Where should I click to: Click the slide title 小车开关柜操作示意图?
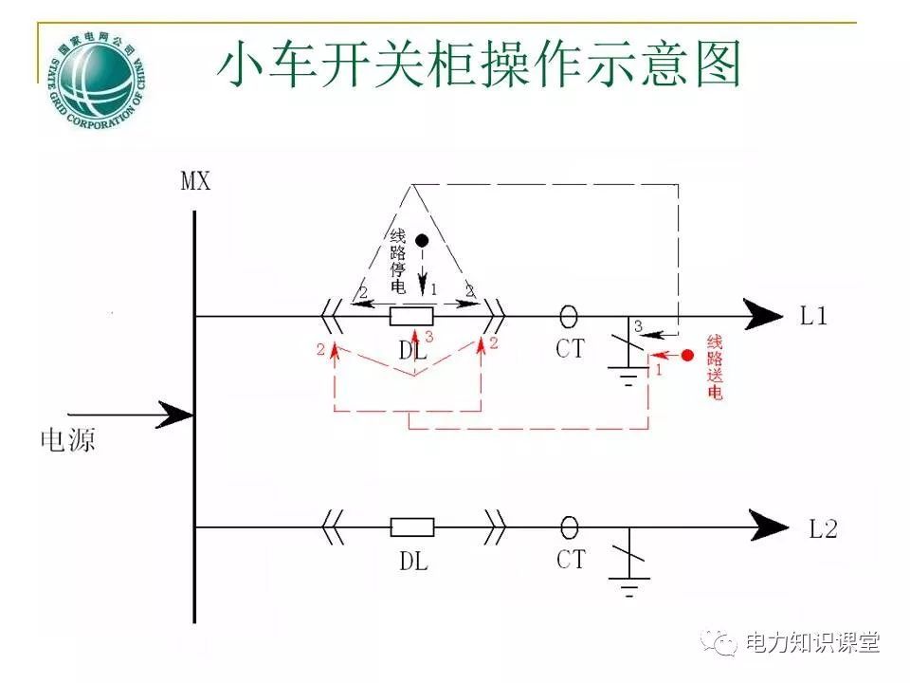[479, 65]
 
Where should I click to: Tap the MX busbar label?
[195, 180]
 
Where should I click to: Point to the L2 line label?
[823, 528]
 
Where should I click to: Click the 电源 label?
[67, 439]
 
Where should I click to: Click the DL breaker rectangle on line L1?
[412, 316]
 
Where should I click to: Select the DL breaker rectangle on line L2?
[412, 527]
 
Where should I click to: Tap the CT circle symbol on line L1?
[569, 314]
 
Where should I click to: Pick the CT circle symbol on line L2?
[569, 526]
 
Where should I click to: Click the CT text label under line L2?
[571, 560]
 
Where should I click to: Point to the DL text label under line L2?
[413, 562]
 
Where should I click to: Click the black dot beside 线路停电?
[424, 241]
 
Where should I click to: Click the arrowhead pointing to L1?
[763, 315]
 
